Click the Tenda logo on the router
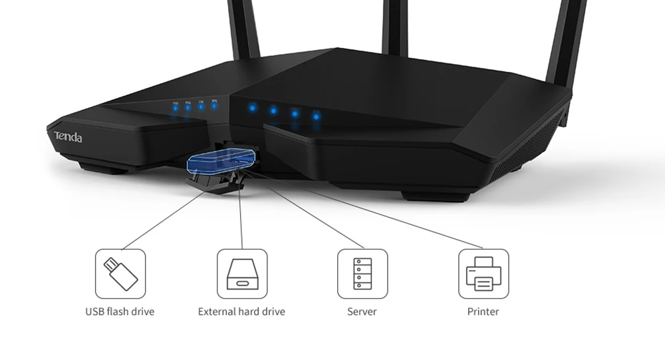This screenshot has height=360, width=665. pos(68,137)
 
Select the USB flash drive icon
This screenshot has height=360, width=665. pos(120,273)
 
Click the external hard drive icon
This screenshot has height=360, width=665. pos(242,273)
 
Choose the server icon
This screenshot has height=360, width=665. pos(362,273)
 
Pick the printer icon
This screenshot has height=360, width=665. pos(483,273)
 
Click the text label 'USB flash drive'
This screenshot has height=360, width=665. pos(120,311)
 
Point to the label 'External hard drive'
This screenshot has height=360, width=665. pos(241,311)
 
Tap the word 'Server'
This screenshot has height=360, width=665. pos(362,311)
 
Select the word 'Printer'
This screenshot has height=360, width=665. pos(483,311)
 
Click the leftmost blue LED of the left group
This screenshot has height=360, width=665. pos(176,107)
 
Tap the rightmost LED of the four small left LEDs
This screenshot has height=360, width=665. pos(214,105)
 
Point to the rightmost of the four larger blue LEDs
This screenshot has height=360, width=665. pos(316,116)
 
